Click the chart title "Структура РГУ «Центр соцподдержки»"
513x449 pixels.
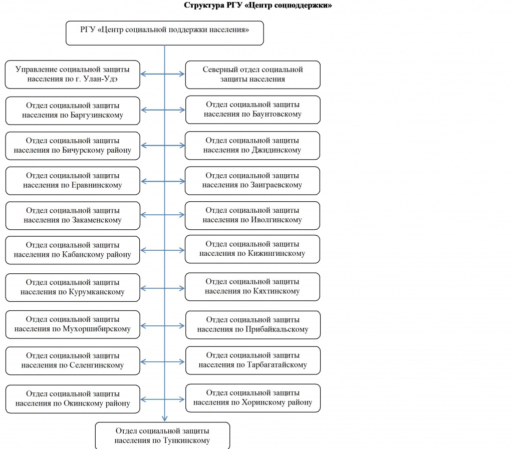[258, 5]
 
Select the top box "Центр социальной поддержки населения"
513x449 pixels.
[164, 33]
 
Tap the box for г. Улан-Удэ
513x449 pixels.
[73, 74]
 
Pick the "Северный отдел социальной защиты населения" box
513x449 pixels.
[252, 75]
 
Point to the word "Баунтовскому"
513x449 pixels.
[277, 114]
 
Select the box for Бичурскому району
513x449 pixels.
[73, 146]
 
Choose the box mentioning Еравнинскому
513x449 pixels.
[73, 181]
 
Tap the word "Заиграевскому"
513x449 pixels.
[277, 185]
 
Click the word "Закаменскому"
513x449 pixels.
[97, 220]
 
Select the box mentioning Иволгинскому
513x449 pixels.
[252, 215]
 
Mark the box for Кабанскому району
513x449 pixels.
[73, 250]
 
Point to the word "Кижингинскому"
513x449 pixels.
[277, 253]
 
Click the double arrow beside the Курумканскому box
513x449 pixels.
[163, 288]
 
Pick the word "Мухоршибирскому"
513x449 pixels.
[97, 329]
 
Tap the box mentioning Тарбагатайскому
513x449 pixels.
[252, 360]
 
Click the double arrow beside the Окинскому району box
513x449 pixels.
[163, 399]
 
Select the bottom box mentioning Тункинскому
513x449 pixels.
[162, 436]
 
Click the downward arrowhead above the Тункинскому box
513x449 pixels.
[164, 418]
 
